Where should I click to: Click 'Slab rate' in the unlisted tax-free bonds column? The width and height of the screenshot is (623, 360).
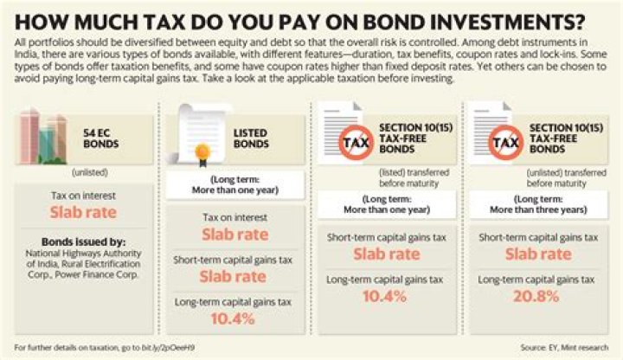537,254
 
